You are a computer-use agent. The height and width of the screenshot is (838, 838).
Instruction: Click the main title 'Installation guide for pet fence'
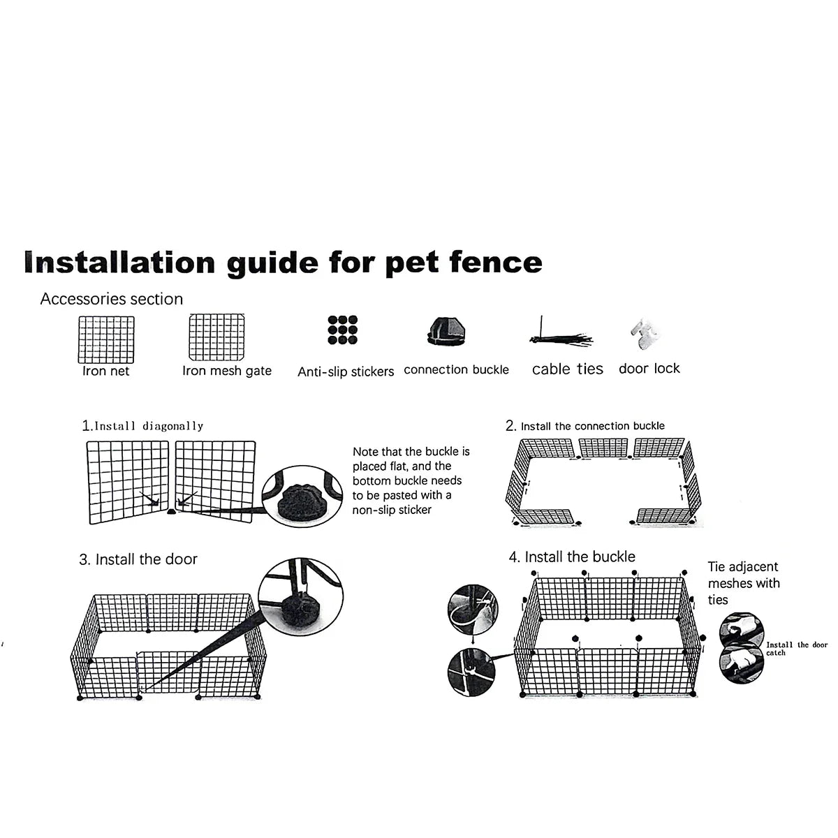283,263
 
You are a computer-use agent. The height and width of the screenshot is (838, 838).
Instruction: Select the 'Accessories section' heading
112,299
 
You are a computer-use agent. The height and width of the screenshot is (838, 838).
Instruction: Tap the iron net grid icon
105,339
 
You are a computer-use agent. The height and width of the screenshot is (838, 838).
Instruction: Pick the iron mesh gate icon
216,338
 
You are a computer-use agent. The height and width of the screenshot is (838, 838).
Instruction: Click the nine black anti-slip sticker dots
342,330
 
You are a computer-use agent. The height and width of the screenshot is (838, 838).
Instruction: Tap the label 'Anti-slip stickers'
346,372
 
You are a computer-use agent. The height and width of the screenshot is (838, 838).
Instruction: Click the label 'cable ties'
567,369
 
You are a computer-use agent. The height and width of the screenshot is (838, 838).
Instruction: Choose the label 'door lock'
649,368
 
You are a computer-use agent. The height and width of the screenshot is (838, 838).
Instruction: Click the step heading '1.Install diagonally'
142,425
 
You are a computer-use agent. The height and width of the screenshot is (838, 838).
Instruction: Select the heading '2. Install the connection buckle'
585,425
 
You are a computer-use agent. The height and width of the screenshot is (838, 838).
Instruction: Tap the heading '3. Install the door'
138,559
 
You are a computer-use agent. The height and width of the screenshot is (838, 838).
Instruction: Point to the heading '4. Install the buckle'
572,557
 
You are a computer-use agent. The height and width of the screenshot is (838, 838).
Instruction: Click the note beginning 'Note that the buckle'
411,480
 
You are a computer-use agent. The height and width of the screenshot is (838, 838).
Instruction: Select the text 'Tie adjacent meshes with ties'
743,583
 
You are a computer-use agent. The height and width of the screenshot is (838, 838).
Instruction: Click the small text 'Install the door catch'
796,648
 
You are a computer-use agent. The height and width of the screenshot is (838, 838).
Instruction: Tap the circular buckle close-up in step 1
305,497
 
